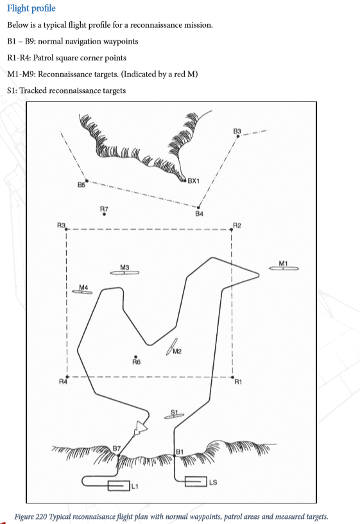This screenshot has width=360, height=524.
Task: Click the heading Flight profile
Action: (31, 8)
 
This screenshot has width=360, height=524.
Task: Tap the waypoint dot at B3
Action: (238, 136)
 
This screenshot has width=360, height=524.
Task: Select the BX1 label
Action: (194, 181)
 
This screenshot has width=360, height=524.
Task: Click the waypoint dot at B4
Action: (198, 207)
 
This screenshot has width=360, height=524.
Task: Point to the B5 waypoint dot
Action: (87, 181)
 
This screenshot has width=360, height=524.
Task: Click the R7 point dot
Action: (104, 214)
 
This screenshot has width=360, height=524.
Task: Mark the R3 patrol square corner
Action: (66, 229)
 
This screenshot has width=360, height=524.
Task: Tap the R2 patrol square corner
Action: (232, 230)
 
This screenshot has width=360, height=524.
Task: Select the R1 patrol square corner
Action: (232, 378)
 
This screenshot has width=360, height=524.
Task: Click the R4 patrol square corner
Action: (67, 376)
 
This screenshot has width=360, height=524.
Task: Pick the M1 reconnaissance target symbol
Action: (284, 268)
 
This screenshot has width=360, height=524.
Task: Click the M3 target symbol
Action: (124, 273)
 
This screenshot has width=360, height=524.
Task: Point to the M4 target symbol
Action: (82, 292)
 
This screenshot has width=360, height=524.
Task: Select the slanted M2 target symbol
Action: (171, 347)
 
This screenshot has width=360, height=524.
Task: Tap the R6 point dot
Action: (135, 357)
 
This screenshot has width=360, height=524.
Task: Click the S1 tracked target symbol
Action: (175, 416)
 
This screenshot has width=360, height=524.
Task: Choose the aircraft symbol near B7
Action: (140, 428)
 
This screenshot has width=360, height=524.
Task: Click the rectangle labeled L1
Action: (119, 485)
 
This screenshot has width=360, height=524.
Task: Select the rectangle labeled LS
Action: (196, 482)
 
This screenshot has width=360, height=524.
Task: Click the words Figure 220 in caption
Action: (31, 516)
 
